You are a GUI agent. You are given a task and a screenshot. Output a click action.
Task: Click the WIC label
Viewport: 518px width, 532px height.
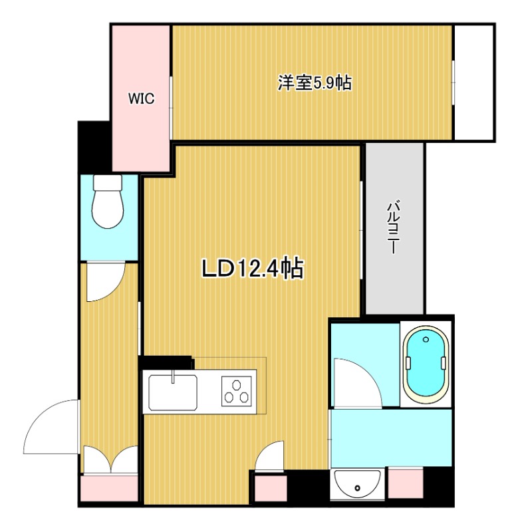pos(141,98)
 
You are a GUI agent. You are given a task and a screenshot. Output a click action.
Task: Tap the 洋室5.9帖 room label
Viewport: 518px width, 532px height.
pos(315,82)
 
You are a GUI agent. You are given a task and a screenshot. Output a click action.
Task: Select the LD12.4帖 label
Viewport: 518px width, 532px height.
pos(253,269)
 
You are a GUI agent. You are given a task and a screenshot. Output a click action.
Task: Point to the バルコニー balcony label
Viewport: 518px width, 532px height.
pos(393,227)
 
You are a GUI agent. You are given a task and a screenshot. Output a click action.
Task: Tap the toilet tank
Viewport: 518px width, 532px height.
pos(108,182)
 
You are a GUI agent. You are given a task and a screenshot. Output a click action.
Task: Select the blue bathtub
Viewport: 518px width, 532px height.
pos(425,364)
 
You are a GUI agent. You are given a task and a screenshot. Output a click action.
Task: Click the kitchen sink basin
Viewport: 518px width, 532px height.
pos(173,392)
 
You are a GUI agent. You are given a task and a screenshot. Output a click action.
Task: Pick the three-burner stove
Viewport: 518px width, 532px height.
pos(237,391)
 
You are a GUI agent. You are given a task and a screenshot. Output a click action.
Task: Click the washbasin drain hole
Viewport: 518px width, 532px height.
pos(357,488)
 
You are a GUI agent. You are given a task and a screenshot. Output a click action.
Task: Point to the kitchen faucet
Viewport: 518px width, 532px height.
pos(173,376)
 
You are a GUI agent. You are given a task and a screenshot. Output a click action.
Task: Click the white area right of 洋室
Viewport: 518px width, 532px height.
pos(473,82)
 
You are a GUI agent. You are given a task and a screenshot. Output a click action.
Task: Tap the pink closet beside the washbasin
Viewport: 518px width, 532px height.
pos(406,483)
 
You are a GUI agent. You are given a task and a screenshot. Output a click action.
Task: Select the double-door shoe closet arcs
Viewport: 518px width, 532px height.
pos(110,460)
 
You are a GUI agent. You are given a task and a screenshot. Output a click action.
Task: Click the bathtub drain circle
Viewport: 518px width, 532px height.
pos(426,339)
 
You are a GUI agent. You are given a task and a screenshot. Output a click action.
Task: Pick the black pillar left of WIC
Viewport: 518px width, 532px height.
pos(95,147)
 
